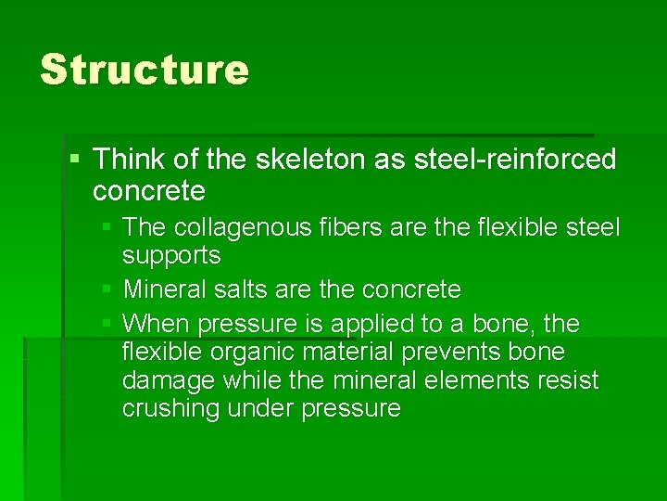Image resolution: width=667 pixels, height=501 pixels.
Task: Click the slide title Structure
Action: [145, 70]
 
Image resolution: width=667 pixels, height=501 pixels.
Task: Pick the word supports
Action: [171, 255]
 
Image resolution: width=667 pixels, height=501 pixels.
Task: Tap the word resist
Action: [565, 380]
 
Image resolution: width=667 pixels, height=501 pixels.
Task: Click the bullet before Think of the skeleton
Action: [75, 160]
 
